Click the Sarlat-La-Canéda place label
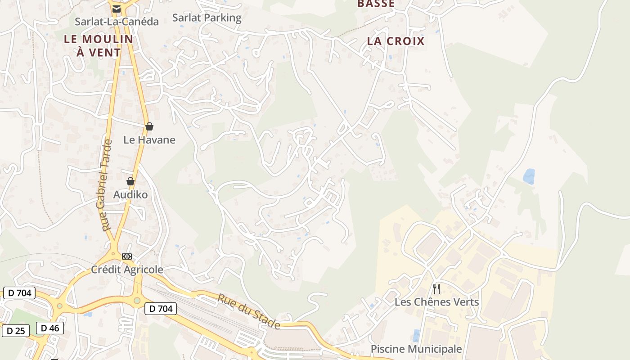coord(117,22)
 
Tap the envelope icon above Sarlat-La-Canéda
coord(117,9)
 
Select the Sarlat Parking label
coord(207,18)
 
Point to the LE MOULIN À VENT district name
coord(99,45)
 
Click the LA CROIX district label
coord(396,41)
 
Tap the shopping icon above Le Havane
coord(149,126)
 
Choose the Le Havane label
coord(149,140)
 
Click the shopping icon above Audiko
coord(130,181)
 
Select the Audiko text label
coord(130,195)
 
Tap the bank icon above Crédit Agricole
coord(127,256)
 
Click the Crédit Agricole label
coord(127,270)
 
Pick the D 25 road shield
coord(16,331)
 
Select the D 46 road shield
coord(50,328)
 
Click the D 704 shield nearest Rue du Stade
coord(161,309)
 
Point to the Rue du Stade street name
coord(249,311)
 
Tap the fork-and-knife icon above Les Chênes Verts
coord(436,288)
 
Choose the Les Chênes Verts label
coord(436,302)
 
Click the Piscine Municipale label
coord(416,349)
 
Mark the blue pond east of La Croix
coord(529,176)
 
